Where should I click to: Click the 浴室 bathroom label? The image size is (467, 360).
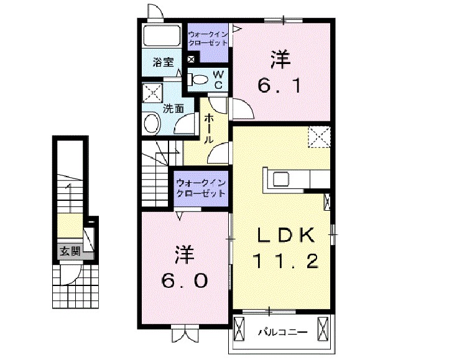[163, 62]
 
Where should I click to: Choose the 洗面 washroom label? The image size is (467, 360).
[173, 108]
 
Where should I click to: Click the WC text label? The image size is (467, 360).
[218, 80]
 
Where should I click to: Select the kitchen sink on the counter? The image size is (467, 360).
[279, 179]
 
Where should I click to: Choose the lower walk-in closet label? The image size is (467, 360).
[200, 188]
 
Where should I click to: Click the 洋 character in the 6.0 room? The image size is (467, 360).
[182, 255]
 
